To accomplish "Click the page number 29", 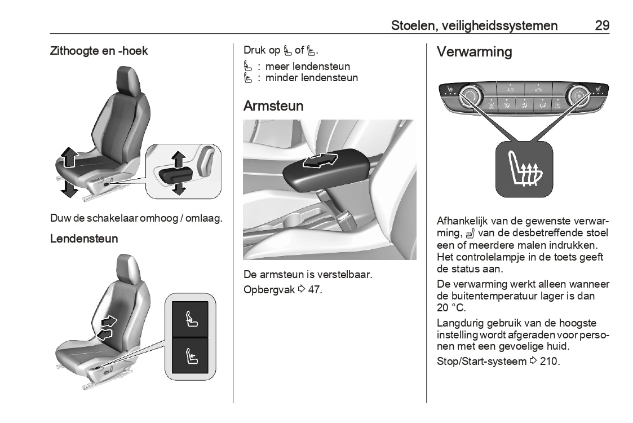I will [x=602, y=25].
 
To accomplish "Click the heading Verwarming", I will [x=474, y=52].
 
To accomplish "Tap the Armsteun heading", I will [x=273, y=106].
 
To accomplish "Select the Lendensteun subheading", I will [x=84, y=239].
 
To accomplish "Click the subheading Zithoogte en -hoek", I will [x=99, y=51].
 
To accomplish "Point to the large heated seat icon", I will [x=522, y=169].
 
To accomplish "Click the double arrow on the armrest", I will [x=320, y=161].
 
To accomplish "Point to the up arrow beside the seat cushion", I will [x=69, y=157].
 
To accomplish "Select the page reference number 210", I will [x=549, y=361].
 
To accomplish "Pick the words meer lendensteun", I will [x=308, y=67].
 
